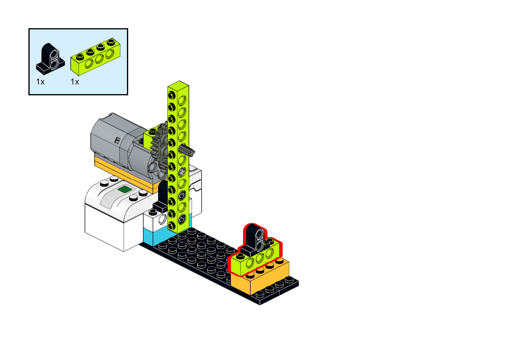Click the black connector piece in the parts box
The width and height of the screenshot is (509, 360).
point(50,59)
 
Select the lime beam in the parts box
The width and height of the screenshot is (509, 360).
point(95,57)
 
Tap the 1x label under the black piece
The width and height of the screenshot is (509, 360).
point(40,82)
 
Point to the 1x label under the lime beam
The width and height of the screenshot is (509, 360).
point(75,82)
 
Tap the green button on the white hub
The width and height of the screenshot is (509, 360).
point(125,189)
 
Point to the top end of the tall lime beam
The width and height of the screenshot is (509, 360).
point(179,85)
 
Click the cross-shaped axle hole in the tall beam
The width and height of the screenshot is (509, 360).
point(182,172)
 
